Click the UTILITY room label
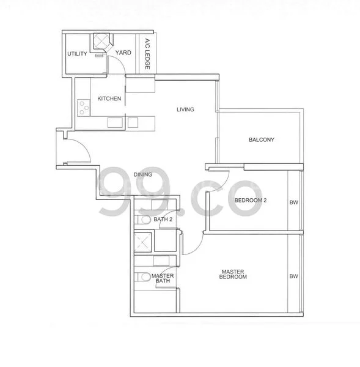[78, 53]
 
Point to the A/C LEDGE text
[147, 53]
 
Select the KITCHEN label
[109, 98]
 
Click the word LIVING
[185, 110]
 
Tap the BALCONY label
[262, 140]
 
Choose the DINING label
[143, 175]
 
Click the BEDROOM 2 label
[252, 200]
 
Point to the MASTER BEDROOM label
[234, 274]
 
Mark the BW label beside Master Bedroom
[294, 276]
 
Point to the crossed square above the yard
[100, 42]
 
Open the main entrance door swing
[75, 150]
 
